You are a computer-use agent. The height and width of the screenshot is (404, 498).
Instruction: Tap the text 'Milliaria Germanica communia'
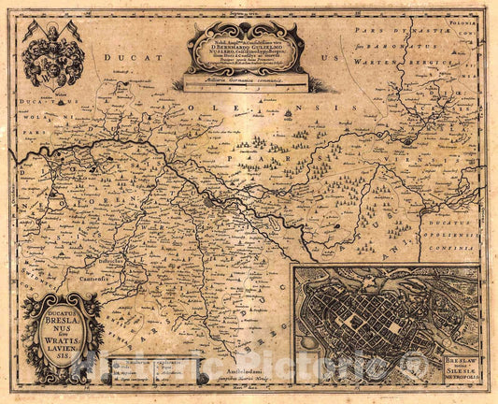click(x=245, y=83)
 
